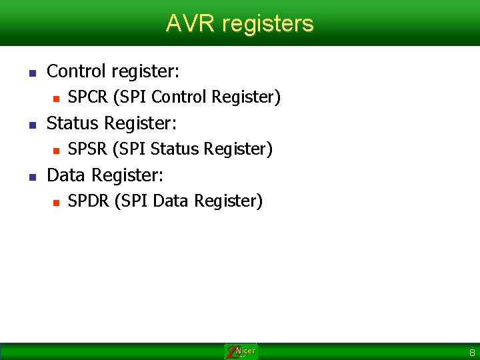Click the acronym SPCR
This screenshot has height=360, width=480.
pyautogui.click(x=89, y=97)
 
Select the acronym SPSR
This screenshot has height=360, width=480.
pyautogui.click(x=89, y=149)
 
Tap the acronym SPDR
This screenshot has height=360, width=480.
pyautogui.click(x=89, y=201)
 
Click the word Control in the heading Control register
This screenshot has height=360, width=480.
pyautogui.click(x=73, y=71)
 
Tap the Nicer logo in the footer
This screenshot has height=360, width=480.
pyautogui.click(x=241, y=351)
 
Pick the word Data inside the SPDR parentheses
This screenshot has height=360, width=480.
pyautogui.click(x=169, y=201)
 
